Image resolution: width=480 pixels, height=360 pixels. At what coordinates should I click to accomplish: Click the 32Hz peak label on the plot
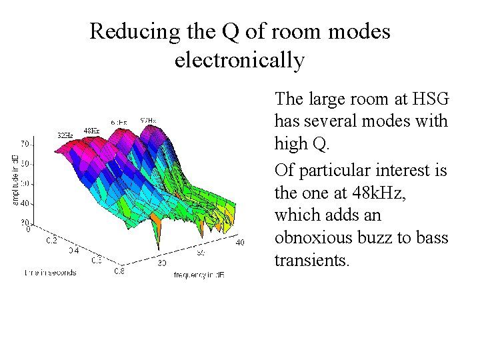[x=65, y=135]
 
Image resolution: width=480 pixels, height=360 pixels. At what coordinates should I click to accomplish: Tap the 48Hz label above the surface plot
[x=91, y=130]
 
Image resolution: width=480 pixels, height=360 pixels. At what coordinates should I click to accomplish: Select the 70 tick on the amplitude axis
[x=23, y=144]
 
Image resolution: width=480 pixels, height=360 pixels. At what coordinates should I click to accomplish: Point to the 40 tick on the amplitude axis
[x=23, y=203]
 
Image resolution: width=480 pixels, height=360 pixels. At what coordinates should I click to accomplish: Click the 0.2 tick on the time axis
[x=51, y=239]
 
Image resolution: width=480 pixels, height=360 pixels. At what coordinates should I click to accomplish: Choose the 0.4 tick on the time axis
[x=74, y=251]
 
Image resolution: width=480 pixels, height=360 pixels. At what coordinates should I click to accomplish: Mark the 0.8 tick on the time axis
[x=119, y=271]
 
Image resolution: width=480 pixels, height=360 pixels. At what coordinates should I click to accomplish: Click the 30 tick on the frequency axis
[x=161, y=263]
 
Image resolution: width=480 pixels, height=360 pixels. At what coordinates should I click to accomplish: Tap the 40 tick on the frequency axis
[x=240, y=242]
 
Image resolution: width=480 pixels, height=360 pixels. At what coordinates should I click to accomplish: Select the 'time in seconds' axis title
[x=51, y=272]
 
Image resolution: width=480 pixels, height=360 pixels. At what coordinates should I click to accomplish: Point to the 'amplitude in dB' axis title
[x=15, y=179]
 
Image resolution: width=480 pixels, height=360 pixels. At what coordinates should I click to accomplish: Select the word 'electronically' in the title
[x=239, y=61]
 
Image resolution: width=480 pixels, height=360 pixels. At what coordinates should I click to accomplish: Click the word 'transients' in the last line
[x=311, y=261]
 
